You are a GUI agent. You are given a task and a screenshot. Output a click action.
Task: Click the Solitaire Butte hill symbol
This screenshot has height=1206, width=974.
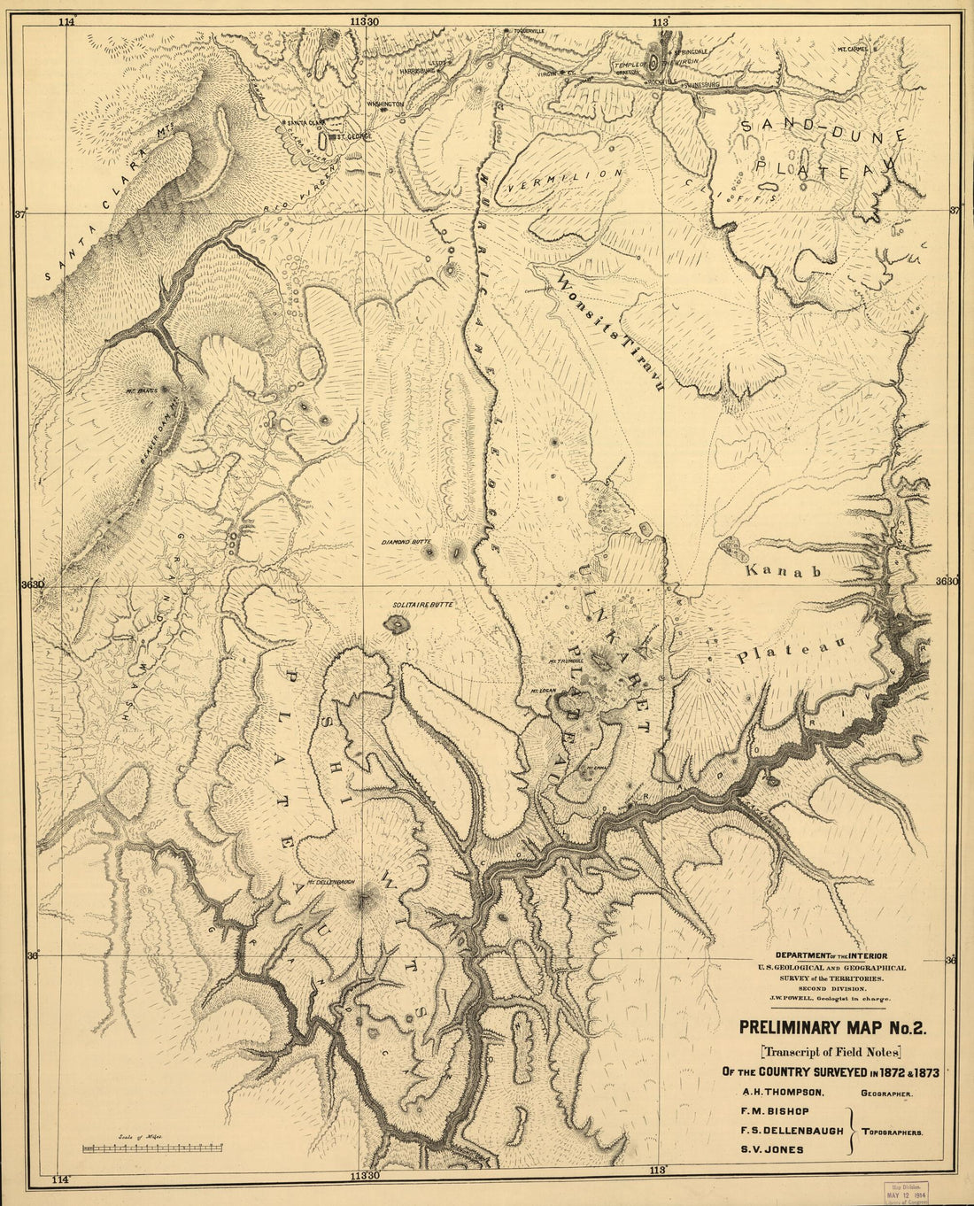[x=397, y=624]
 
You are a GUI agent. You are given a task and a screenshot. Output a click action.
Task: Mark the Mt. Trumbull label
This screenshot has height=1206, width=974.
[x=564, y=661]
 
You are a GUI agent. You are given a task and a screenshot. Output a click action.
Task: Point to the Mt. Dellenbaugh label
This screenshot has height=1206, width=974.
[x=330, y=882]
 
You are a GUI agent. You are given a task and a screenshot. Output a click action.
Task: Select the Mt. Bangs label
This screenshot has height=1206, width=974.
[x=141, y=389]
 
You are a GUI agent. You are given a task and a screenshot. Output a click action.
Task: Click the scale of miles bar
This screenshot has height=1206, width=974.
[x=151, y=1148]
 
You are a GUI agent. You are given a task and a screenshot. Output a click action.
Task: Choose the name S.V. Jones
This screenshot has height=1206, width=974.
[x=760, y=1149]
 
